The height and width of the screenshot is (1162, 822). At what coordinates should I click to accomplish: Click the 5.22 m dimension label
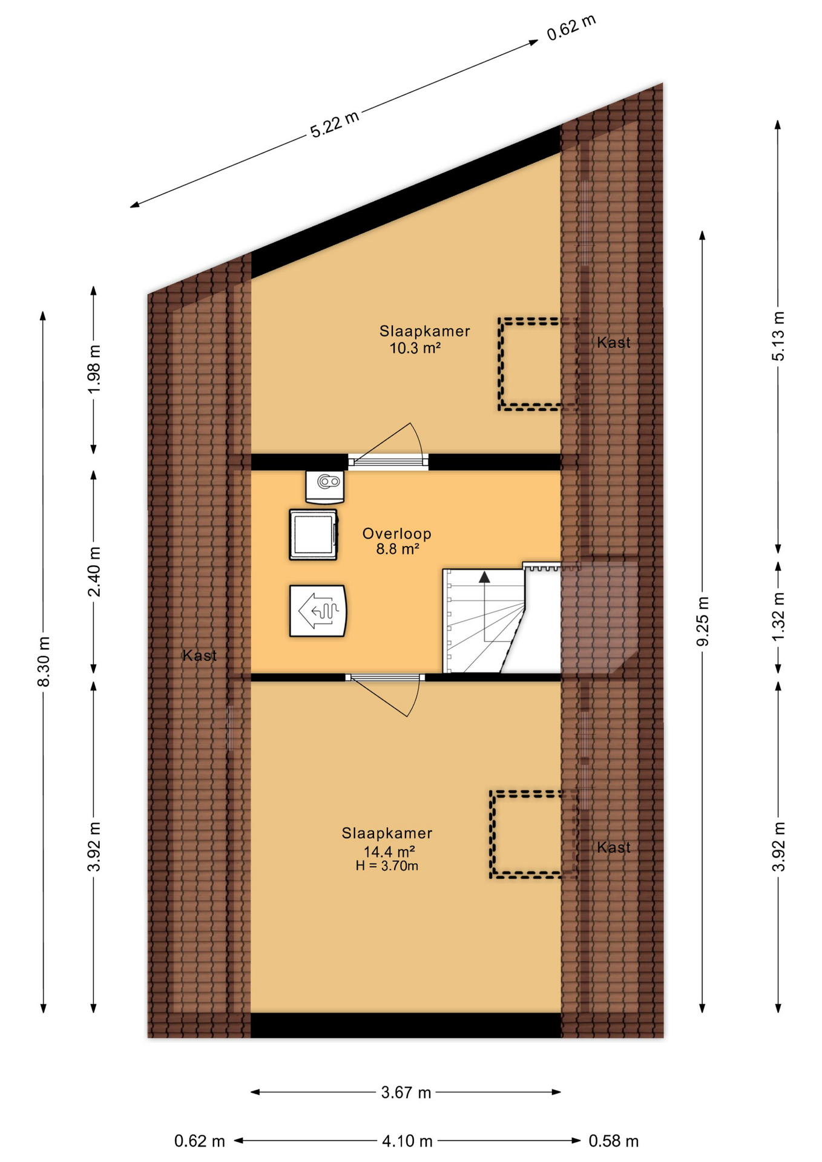[x=335, y=124]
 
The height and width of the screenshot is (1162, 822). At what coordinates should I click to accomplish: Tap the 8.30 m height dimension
[x=44, y=661]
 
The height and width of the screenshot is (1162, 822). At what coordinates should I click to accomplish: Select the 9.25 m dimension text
[x=703, y=621]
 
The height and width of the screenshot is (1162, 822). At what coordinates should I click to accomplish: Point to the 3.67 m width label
[x=406, y=1092]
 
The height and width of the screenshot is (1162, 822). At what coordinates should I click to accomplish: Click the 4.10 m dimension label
[x=407, y=1141]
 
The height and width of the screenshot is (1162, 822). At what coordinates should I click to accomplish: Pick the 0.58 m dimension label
[x=614, y=1141]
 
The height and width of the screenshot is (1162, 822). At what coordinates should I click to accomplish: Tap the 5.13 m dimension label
[x=778, y=336]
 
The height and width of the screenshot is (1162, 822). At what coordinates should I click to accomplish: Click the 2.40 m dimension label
[x=94, y=571]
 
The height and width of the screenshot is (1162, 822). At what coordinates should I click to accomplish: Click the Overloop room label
[x=397, y=534]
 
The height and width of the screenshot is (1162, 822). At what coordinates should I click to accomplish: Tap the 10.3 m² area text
[x=415, y=348]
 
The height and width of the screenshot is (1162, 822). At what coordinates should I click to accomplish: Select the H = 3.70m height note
[x=387, y=866]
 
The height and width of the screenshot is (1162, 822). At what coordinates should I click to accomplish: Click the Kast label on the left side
[x=200, y=655]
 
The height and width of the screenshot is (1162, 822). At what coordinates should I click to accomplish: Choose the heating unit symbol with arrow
[x=318, y=611]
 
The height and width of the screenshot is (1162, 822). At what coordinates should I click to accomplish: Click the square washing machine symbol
[x=314, y=535]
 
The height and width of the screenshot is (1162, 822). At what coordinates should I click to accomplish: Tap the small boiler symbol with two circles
[x=325, y=487]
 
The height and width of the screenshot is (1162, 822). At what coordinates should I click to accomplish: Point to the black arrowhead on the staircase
[x=484, y=577]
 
